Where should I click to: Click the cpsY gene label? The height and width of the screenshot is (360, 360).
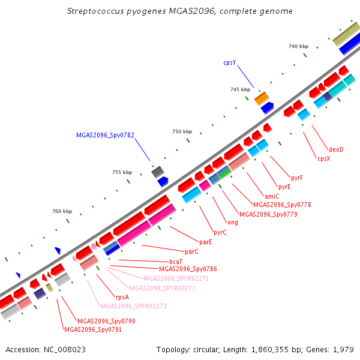pyautogui.click(x=230, y=62)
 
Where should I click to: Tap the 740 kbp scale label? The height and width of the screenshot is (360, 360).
pyautogui.click(x=298, y=46)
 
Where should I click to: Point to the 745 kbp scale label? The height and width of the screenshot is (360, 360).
pyautogui.click(x=240, y=89)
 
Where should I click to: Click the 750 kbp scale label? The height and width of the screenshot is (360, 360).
pyautogui.click(x=182, y=131)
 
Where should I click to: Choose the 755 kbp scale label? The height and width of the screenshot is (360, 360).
pyautogui.click(x=122, y=172)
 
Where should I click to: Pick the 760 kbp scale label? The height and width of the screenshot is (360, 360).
pyautogui.click(x=62, y=211)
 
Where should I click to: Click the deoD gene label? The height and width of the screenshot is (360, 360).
pyautogui.click(x=336, y=149)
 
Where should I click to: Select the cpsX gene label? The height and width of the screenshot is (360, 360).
pyautogui.click(x=324, y=158)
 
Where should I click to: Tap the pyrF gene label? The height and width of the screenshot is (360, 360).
pyautogui.click(x=296, y=178)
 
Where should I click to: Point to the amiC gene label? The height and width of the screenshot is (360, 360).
pyautogui.click(x=272, y=196)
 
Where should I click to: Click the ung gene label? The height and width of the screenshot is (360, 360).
pyautogui.click(x=233, y=222)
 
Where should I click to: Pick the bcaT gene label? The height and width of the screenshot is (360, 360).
pyautogui.click(x=176, y=262)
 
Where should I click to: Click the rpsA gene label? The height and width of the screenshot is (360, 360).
pyautogui.click(x=122, y=296)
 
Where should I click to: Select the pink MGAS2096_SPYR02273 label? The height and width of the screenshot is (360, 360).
pyautogui.click(x=134, y=306)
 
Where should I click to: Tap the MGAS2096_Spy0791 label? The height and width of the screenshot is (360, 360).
pyautogui.click(x=93, y=329)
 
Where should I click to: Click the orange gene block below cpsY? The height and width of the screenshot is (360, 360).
pyautogui.click(x=262, y=97)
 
